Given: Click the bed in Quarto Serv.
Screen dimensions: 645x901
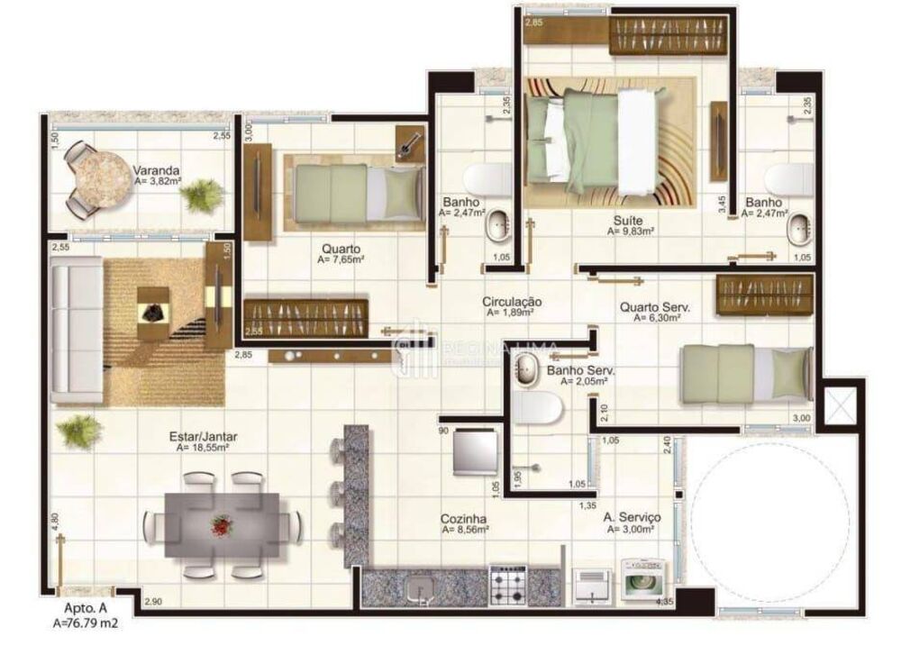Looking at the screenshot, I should tap(744, 373).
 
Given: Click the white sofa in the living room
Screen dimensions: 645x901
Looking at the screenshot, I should tap(76, 329).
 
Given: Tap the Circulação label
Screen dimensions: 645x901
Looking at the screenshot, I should tap(511, 302).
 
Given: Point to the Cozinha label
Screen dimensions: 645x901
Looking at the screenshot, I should tap(464, 519).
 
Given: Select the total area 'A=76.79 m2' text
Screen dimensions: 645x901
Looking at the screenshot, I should tap(86, 622).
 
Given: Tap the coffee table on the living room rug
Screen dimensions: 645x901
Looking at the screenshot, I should tap(153, 307).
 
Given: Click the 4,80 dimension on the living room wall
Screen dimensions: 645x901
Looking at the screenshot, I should tap(54, 521).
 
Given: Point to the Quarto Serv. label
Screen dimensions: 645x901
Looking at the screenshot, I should tap(654, 307).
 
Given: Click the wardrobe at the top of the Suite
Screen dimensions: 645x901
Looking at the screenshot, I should tap(668, 35).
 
